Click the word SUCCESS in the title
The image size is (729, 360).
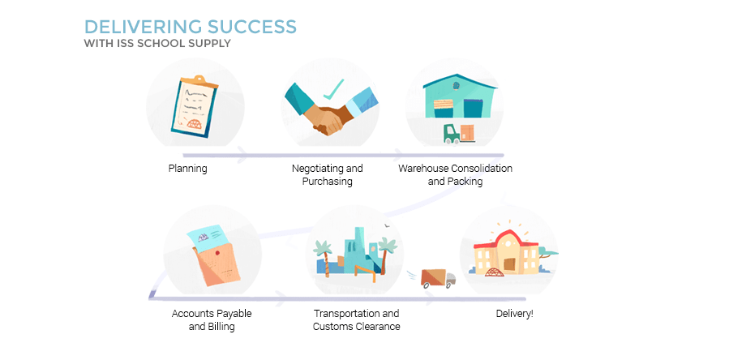pyautogui.click(x=252, y=27)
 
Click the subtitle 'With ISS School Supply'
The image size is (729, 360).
pyautogui.click(x=157, y=43)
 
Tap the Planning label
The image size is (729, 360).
pyautogui.click(x=187, y=168)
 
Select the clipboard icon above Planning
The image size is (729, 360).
pyautogui.click(x=194, y=106)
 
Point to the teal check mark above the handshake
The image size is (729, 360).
pyautogui.click(x=334, y=89)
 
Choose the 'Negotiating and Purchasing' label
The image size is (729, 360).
pyautogui.click(x=328, y=174)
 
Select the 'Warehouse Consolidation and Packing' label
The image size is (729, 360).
pyautogui.click(x=455, y=174)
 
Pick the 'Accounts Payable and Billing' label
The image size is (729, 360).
pyautogui.click(x=212, y=319)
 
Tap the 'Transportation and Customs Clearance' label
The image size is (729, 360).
pyautogui.click(x=356, y=319)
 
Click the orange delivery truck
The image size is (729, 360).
pyautogui.click(x=438, y=278)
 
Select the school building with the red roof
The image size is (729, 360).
pyautogui.click(x=506, y=251)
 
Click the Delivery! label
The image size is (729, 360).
pyautogui.click(x=515, y=314)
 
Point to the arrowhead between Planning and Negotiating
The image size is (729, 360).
pyautogui.click(x=242, y=154)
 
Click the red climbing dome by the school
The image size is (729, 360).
pyautogui.click(x=494, y=272)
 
